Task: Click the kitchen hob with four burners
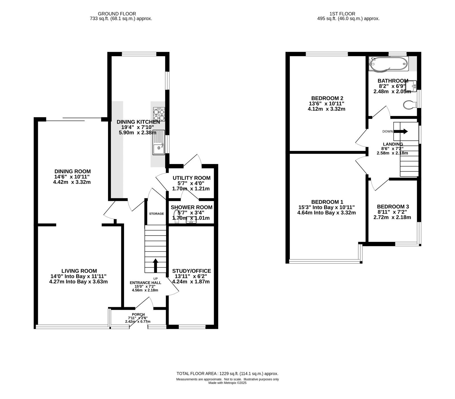click(159, 115)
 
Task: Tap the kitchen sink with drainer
click(159, 142)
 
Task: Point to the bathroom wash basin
click(413, 85)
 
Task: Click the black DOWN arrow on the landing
click(402, 131)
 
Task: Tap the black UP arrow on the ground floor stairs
click(156, 265)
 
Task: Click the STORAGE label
click(156, 214)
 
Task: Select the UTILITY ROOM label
click(192, 178)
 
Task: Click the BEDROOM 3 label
click(393, 207)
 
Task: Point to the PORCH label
click(138, 314)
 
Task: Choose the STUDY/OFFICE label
click(192, 271)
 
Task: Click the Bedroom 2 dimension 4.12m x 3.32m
click(326, 109)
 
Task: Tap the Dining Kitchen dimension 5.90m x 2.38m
click(138, 132)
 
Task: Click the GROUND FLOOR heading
click(117, 14)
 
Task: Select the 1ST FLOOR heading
click(342, 14)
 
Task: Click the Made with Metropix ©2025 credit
click(227, 383)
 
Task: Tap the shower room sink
click(191, 220)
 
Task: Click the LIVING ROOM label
click(79, 271)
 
